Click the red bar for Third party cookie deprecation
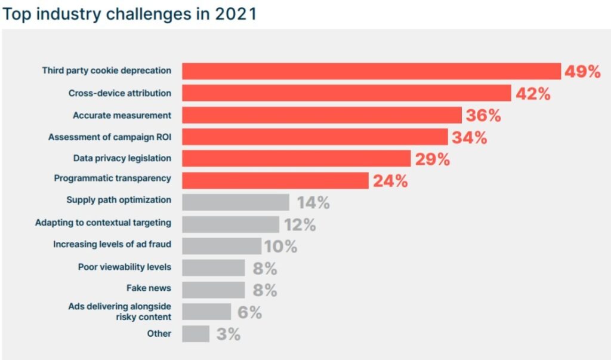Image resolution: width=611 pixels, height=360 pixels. [371, 71]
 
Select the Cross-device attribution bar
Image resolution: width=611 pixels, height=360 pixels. [346, 93]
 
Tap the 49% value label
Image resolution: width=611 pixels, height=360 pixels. [583, 72]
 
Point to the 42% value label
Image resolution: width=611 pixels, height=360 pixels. [533, 94]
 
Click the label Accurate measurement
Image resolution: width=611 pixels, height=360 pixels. [122, 115]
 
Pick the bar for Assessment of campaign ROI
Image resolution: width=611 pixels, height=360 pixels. [314, 137]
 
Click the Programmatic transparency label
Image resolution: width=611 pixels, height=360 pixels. [112, 178]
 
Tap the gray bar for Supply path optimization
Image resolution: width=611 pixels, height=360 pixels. [236, 202]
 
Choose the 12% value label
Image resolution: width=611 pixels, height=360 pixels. [300, 224]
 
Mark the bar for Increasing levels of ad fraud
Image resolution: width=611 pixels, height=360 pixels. [221, 246]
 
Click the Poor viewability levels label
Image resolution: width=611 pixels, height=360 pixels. [124, 267]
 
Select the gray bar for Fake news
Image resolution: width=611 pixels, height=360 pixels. [213, 290]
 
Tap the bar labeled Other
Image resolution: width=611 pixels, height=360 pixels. [196, 334]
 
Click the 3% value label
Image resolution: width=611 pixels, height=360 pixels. [228, 334]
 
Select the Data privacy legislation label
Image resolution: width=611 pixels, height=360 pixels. [122, 158]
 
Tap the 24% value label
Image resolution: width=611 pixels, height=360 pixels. [390, 181]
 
